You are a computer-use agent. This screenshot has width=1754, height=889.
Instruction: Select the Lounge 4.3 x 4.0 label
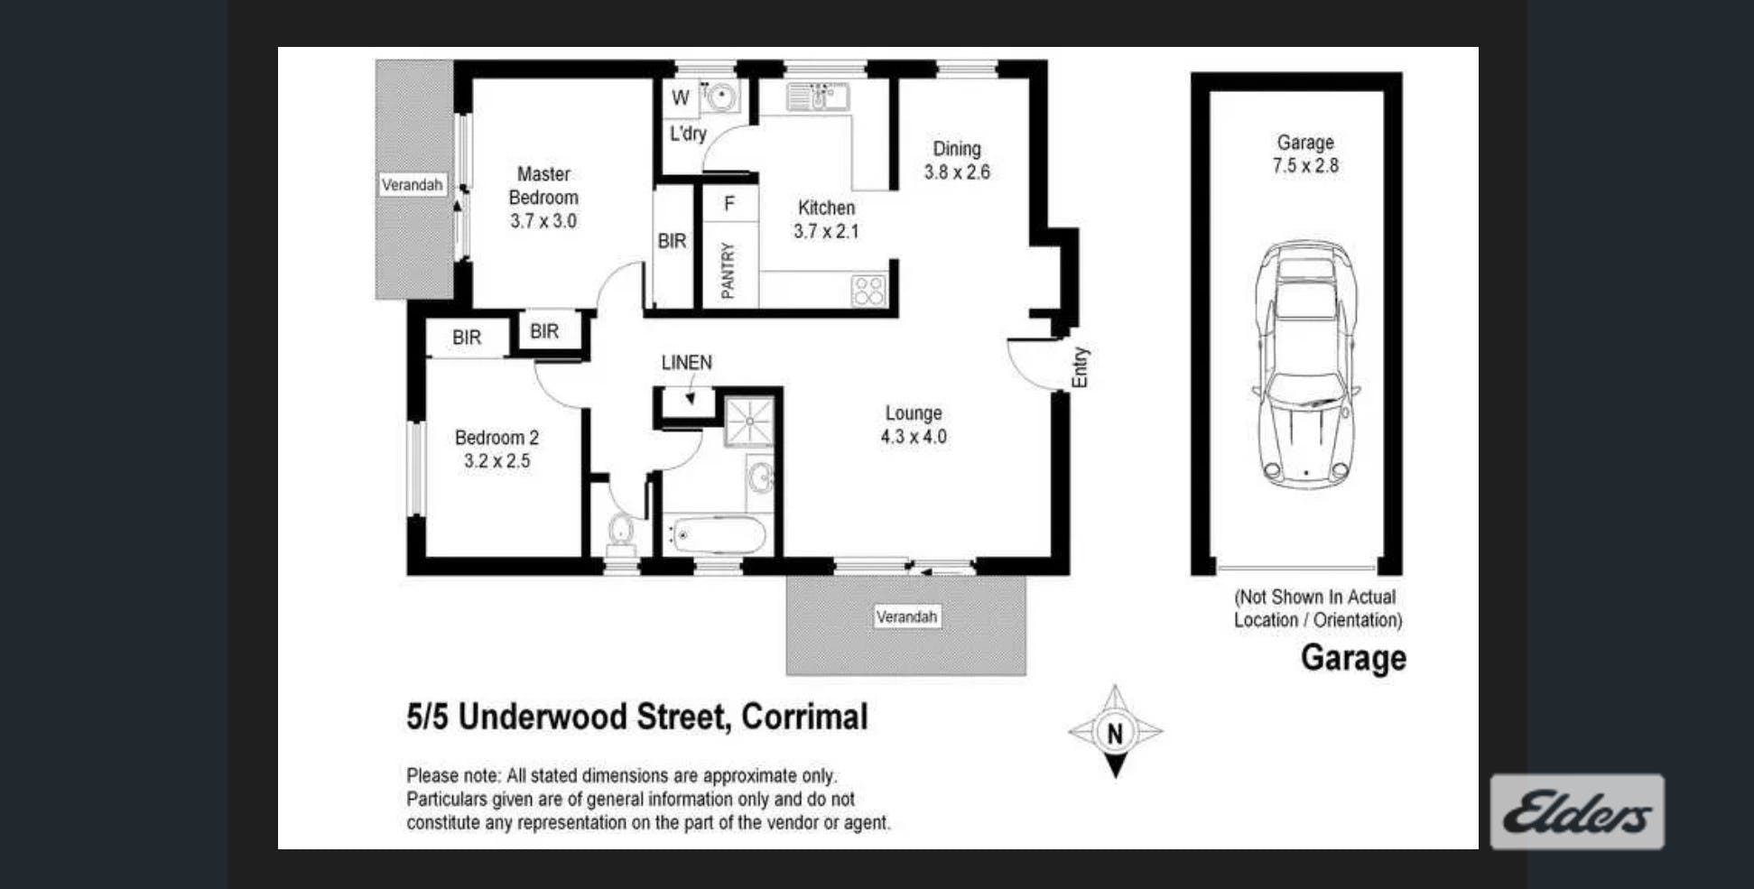tap(914, 425)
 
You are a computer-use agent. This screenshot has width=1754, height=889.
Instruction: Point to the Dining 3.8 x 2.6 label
tap(957, 161)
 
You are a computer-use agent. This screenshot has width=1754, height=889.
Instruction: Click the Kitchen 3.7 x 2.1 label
tap(826, 219)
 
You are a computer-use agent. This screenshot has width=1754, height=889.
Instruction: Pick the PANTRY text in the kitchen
tap(728, 270)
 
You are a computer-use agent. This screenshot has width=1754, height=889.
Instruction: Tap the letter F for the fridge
tap(729, 204)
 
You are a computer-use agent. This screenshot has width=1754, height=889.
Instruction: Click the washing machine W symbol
tap(681, 97)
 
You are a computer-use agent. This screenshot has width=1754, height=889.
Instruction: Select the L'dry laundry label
tap(688, 134)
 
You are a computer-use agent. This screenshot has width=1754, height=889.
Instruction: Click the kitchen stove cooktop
tap(868, 291)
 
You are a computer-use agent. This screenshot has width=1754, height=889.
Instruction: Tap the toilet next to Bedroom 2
tap(621, 535)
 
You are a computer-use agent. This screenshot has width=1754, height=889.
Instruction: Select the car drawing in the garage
tap(1305, 365)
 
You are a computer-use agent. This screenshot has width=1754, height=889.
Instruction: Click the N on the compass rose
tap(1115, 733)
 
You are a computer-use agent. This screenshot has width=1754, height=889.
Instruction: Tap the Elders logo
tap(1577, 811)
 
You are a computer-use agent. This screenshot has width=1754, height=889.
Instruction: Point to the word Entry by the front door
tap(1080, 367)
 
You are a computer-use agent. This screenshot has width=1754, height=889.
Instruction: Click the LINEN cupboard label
tap(686, 363)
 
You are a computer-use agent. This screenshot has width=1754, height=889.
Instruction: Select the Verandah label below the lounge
tap(906, 617)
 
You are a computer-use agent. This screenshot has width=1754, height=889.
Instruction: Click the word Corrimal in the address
tap(804, 717)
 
